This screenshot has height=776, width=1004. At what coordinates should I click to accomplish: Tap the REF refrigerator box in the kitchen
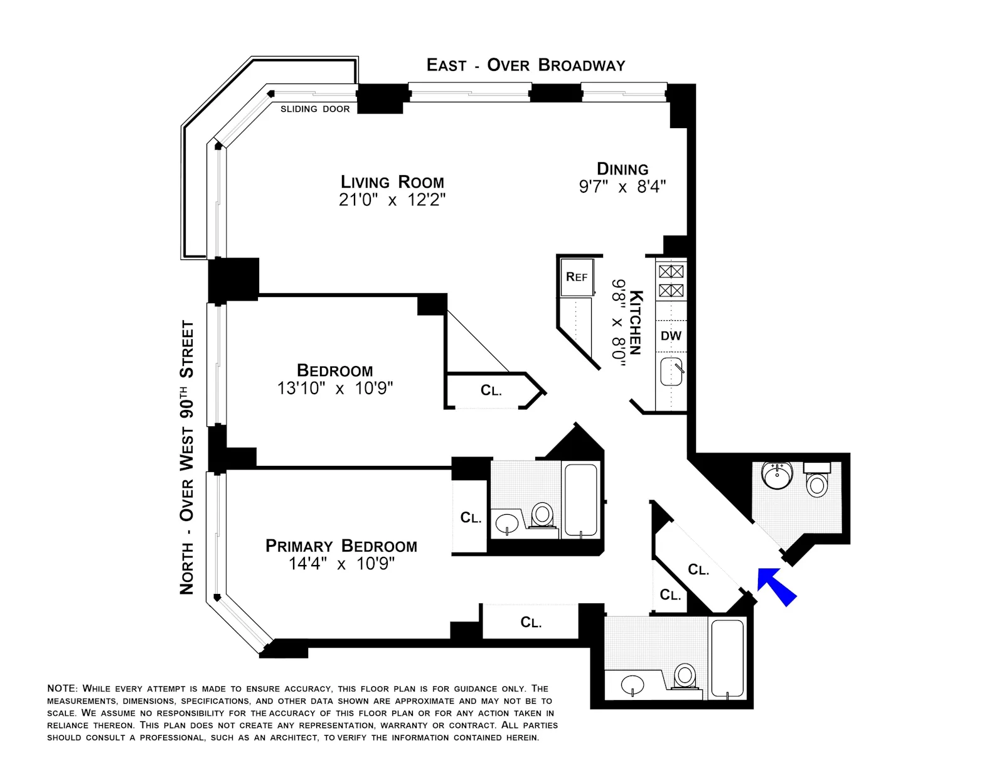(x=577, y=278)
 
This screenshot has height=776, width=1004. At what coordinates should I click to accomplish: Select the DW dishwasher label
(x=671, y=336)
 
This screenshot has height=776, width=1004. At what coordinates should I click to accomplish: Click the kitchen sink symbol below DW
(x=671, y=372)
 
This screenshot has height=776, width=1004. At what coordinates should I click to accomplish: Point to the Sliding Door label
(x=315, y=109)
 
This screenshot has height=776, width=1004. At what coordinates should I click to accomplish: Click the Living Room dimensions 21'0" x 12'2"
(x=392, y=200)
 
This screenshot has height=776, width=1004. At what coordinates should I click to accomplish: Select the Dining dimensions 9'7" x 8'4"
(x=622, y=187)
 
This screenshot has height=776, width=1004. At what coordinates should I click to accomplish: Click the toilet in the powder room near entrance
(x=816, y=483)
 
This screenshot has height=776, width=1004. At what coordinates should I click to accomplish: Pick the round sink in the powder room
(x=777, y=475)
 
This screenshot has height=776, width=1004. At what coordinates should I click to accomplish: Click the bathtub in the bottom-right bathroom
(x=728, y=658)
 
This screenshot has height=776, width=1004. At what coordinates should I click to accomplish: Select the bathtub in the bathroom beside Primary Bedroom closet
(x=581, y=500)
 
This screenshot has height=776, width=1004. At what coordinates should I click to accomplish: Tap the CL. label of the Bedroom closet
(x=491, y=391)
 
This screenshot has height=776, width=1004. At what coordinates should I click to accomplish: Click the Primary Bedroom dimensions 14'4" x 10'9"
(x=341, y=564)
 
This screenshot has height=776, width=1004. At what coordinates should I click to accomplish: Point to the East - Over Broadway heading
(x=526, y=65)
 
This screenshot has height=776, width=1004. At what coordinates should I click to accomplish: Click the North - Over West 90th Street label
(x=187, y=457)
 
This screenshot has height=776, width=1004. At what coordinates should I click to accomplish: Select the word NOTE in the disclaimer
(x=62, y=689)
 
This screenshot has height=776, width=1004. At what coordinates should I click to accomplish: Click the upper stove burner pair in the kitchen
(x=671, y=272)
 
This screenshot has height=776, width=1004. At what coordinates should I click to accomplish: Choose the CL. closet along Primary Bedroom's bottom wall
(x=530, y=622)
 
